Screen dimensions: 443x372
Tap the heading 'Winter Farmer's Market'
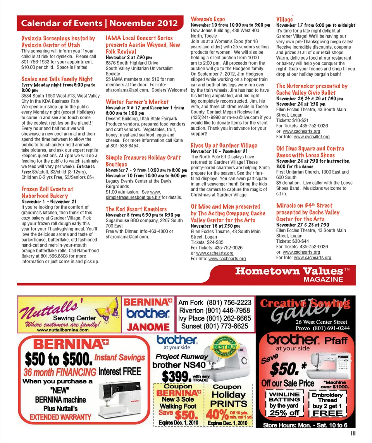(x=137, y=102)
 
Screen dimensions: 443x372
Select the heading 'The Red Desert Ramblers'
(x=136, y=209)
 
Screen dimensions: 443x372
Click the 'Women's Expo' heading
(x=208, y=19)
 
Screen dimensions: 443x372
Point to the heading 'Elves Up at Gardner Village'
(x=224, y=145)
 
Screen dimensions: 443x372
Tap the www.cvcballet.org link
(x=312, y=137)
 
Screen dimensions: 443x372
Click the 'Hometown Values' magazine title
(x=289, y=271)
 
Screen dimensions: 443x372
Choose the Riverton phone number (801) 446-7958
(x=214, y=311)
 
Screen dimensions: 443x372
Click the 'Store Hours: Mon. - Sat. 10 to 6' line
(x=305, y=425)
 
